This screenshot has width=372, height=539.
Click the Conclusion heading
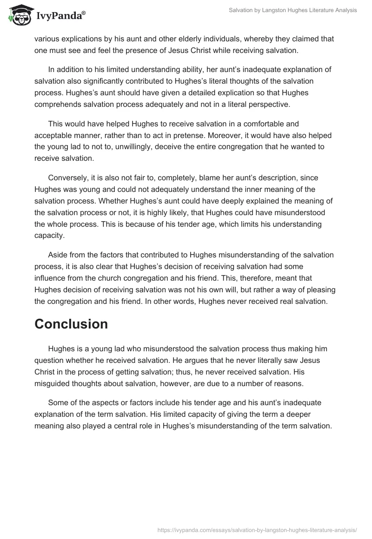click(x=71, y=324)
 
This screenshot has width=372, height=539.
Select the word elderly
click(x=179, y=39)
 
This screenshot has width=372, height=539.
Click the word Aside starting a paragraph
click(x=58, y=255)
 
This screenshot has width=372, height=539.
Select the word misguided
click(x=53, y=371)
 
